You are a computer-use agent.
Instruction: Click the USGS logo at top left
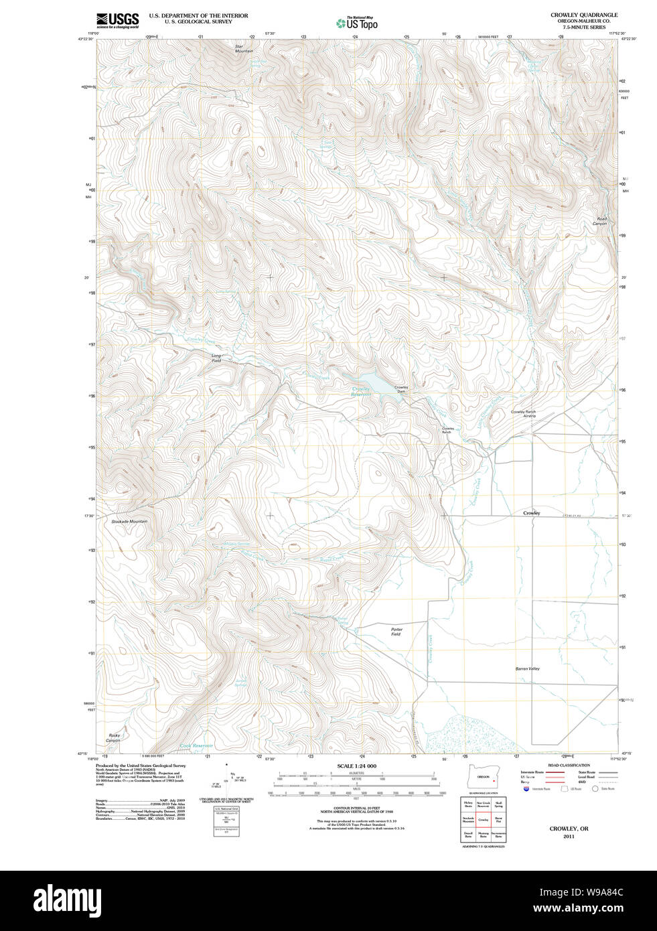[x=117, y=20]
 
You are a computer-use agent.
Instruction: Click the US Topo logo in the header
[x=357, y=23]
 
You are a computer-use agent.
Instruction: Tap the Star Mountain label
[x=244, y=49]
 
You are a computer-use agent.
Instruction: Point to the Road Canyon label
[x=601, y=221]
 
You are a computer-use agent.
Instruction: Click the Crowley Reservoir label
[x=361, y=392]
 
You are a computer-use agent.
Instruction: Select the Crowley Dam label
[x=400, y=389]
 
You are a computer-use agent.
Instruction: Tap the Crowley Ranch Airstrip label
[x=523, y=414]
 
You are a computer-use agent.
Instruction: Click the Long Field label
[x=216, y=358]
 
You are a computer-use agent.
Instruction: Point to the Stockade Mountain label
[x=129, y=521]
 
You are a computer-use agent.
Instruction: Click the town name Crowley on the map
[x=531, y=513]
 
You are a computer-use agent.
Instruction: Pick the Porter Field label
[x=396, y=631]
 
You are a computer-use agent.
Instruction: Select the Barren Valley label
[x=527, y=668]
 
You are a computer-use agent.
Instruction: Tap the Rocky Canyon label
[x=113, y=737]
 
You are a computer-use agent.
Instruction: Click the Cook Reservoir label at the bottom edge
[x=196, y=745]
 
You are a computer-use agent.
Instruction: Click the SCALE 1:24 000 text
[x=356, y=766]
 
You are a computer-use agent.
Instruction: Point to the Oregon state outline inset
[x=484, y=776]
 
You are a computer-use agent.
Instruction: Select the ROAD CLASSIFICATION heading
[x=569, y=765]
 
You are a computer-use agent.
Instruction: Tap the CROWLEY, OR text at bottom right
[x=569, y=829]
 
